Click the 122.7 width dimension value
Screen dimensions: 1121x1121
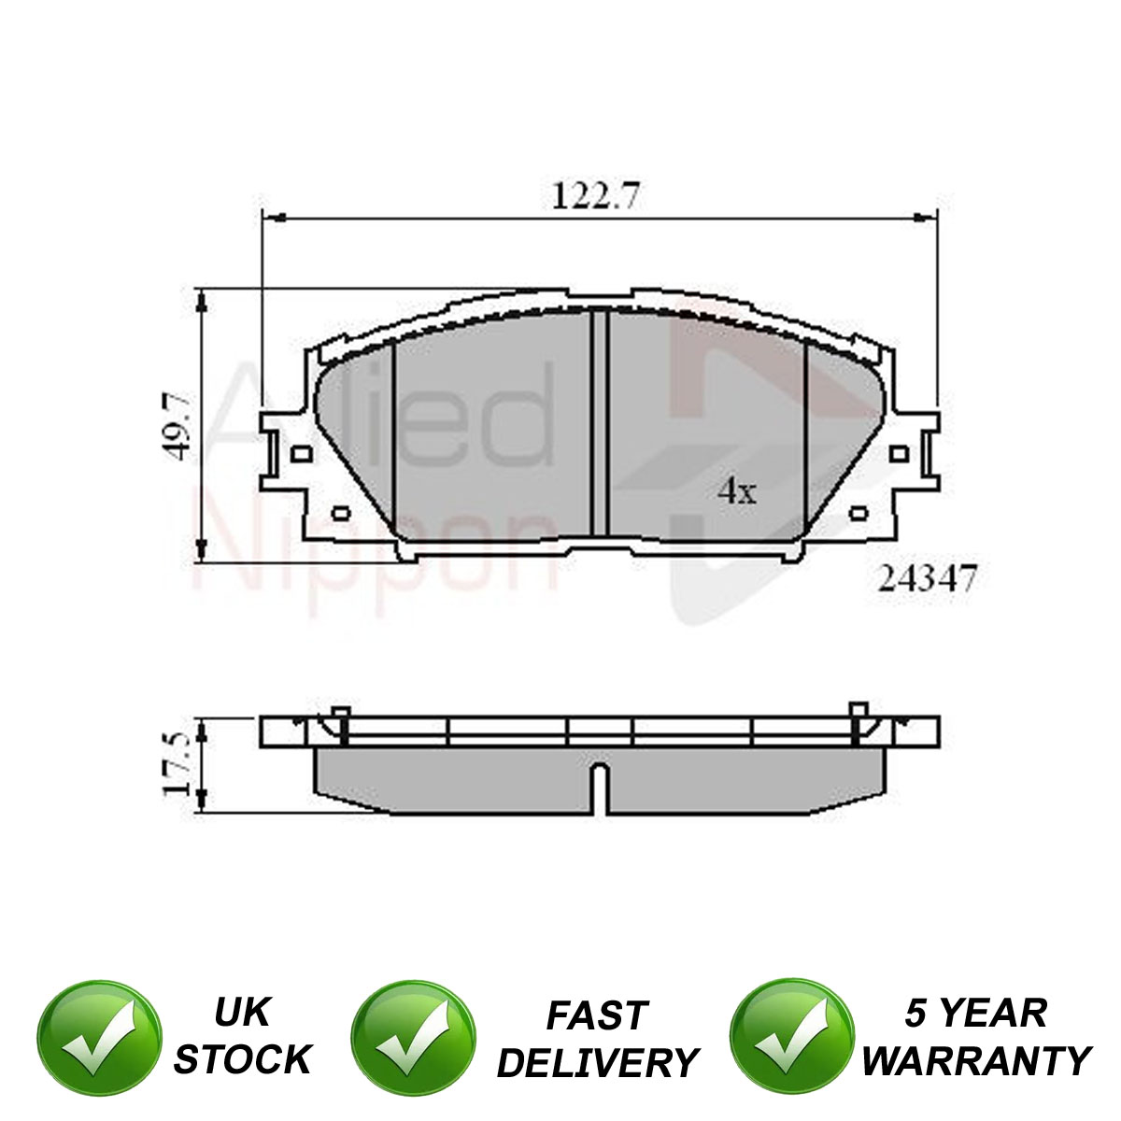click(x=596, y=195)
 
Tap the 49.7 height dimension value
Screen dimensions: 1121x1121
click(x=177, y=426)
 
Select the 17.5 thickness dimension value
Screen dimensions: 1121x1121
click(x=177, y=764)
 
